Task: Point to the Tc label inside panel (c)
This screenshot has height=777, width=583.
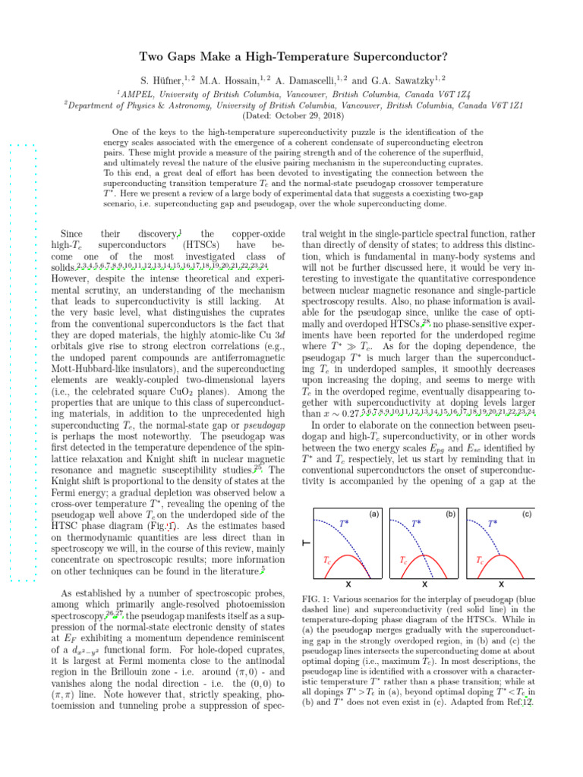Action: [x=480, y=562]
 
